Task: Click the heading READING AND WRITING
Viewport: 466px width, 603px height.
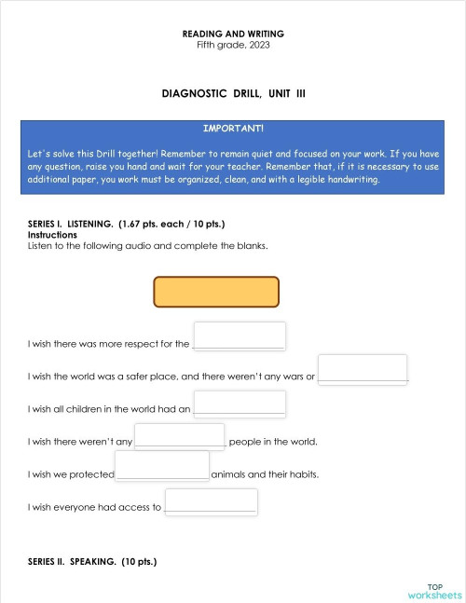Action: [233, 34]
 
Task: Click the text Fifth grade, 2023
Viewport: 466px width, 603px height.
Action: [233, 45]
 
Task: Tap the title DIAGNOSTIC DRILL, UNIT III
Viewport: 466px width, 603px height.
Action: [233, 94]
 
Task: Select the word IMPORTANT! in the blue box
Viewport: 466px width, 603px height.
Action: [233, 128]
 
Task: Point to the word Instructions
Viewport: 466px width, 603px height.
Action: [52, 235]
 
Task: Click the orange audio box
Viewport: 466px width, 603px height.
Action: [216, 292]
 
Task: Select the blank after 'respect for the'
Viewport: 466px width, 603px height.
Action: [239, 336]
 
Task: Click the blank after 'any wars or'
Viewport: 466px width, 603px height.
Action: [363, 369]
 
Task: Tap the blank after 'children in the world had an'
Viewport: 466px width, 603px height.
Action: [239, 404]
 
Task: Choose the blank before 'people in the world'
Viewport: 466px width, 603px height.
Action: [180, 436]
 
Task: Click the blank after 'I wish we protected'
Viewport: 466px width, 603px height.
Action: [162, 466]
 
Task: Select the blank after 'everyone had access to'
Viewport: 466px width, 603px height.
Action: [211, 502]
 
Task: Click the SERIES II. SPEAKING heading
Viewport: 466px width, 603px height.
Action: [92, 562]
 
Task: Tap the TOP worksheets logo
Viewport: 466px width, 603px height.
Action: [434, 590]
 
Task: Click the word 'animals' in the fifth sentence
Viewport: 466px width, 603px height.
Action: [228, 474]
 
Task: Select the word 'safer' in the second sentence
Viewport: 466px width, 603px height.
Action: [139, 377]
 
